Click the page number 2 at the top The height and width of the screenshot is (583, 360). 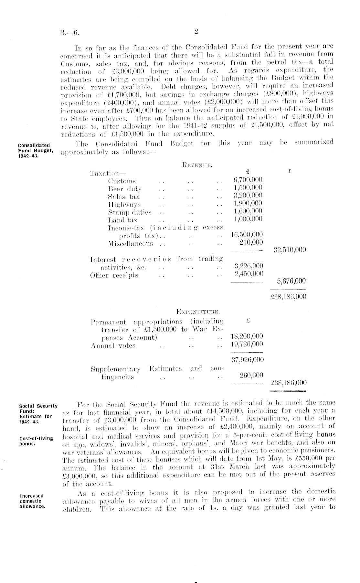click(196, 31)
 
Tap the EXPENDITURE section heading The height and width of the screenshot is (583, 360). click(198, 312)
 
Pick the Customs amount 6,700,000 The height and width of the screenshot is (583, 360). click(248, 180)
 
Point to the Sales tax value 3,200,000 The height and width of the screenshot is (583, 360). click(248, 196)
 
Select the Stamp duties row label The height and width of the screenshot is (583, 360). click(130, 212)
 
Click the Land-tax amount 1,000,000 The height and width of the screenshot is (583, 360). click(248, 219)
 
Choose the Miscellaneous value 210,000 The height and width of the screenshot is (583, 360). click(251, 242)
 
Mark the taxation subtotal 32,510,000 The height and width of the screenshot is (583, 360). click(290, 250)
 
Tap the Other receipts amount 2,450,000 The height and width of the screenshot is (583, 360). click(249, 274)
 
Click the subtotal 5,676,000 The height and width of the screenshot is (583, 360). click(291, 281)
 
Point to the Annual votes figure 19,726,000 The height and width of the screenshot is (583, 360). click(247, 344)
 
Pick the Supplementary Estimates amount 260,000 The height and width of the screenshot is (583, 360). click(251, 375)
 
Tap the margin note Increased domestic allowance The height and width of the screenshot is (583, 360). click(32, 501)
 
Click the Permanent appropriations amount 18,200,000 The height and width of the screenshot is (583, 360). click(247, 336)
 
